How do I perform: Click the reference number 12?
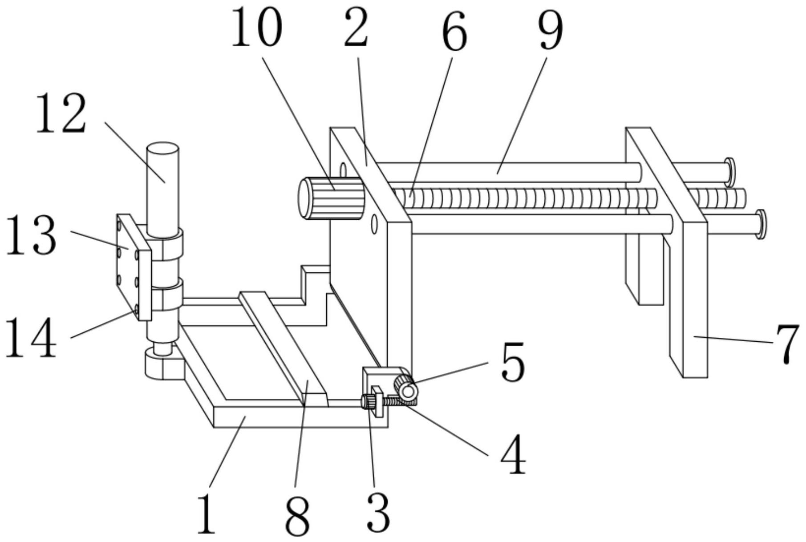(61, 114)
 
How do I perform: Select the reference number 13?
(32, 235)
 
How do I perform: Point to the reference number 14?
(31, 337)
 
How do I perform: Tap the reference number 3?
(378, 513)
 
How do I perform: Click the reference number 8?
(297, 516)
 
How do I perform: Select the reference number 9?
(551, 29)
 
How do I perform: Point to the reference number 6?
(454, 31)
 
